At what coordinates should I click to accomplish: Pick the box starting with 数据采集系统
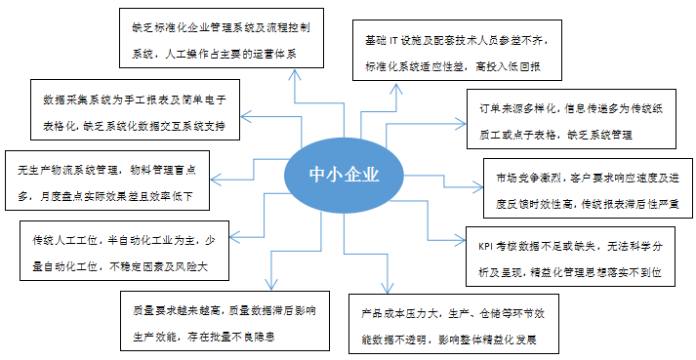(138, 109)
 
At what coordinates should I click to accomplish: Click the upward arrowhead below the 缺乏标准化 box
(293, 73)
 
